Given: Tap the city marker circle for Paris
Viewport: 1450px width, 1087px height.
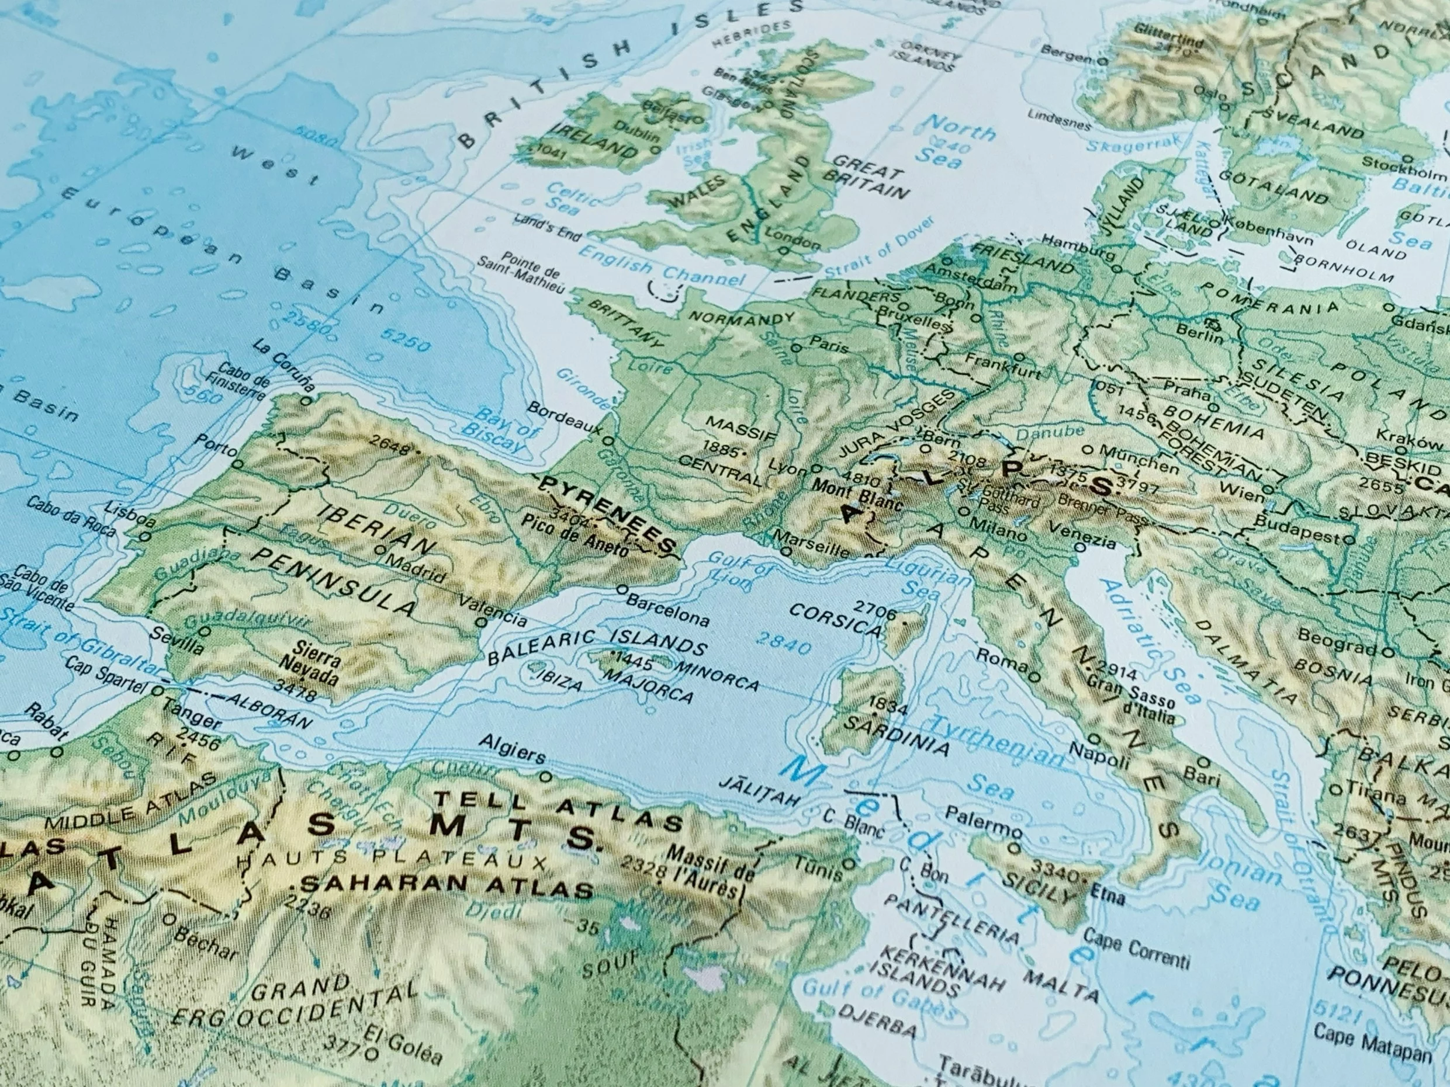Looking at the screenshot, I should [797, 348].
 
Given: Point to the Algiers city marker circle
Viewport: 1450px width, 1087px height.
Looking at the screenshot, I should [545, 777].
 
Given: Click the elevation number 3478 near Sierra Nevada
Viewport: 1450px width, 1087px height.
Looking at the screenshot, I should [296, 689].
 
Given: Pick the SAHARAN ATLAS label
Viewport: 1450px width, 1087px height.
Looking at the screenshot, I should [446, 887].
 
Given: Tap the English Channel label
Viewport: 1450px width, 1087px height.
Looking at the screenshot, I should [662, 270].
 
